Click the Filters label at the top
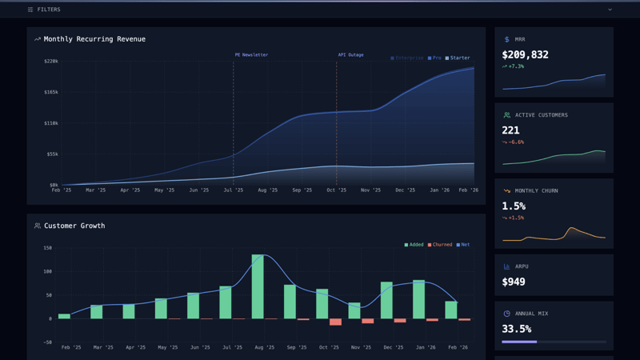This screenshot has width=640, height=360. click(x=48, y=10)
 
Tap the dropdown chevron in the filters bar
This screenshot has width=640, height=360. click(x=610, y=10)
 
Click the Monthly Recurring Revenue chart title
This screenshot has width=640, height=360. click(x=94, y=39)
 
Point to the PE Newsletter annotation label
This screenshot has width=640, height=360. click(x=251, y=55)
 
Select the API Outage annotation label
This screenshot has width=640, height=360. click(x=350, y=55)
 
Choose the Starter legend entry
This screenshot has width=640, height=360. click(x=458, y=58)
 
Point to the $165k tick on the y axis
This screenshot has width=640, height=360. click(x=51, y=93)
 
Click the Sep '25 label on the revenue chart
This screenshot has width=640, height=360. click(x=302, y=190)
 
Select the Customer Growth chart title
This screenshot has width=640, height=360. click(x=74, y=226)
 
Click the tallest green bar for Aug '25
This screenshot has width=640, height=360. click(x=258, y=286)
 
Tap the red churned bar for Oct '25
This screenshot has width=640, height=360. click(x=335, y=322)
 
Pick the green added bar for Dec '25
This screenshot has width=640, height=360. click(x=386, y=300)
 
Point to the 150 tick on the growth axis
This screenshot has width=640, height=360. click(x=48, y=248)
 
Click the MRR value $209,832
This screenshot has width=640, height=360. click(x=525, y=55)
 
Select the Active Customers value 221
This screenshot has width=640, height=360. click(x=510, y=130)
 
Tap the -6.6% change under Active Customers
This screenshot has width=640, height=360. click(x=516, y=142)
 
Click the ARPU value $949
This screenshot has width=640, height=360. click(x=514, y=282)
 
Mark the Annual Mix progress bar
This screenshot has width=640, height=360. click(x=554, y=342)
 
